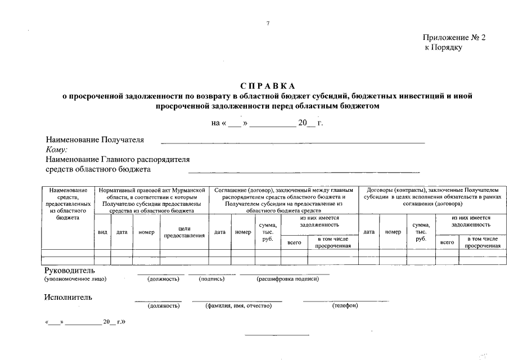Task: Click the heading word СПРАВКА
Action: point(267,86)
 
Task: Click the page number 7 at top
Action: point(268,24)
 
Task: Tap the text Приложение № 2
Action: point(453,37)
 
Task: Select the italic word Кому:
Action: point(56,149)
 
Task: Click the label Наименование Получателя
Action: point(94,139)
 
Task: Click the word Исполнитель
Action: point(68,297)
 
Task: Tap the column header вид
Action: point(102,232)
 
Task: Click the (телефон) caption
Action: point(345,305)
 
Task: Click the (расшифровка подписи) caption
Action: point(285,278)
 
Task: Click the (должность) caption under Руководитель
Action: point(164,278)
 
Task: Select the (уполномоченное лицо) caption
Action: point(75,278)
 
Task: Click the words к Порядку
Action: point(444,48)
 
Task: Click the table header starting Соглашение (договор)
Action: point(283,200)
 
